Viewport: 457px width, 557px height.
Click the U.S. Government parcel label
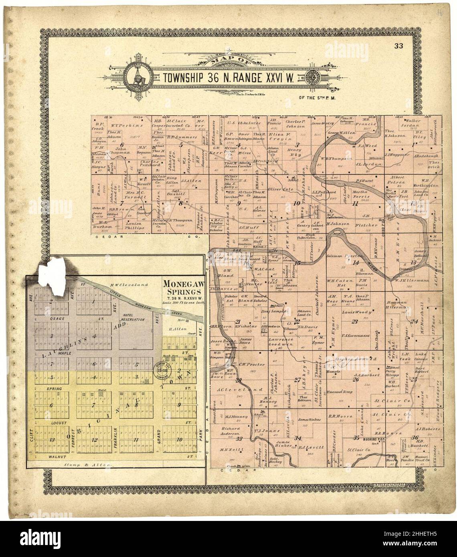pos(354,335)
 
